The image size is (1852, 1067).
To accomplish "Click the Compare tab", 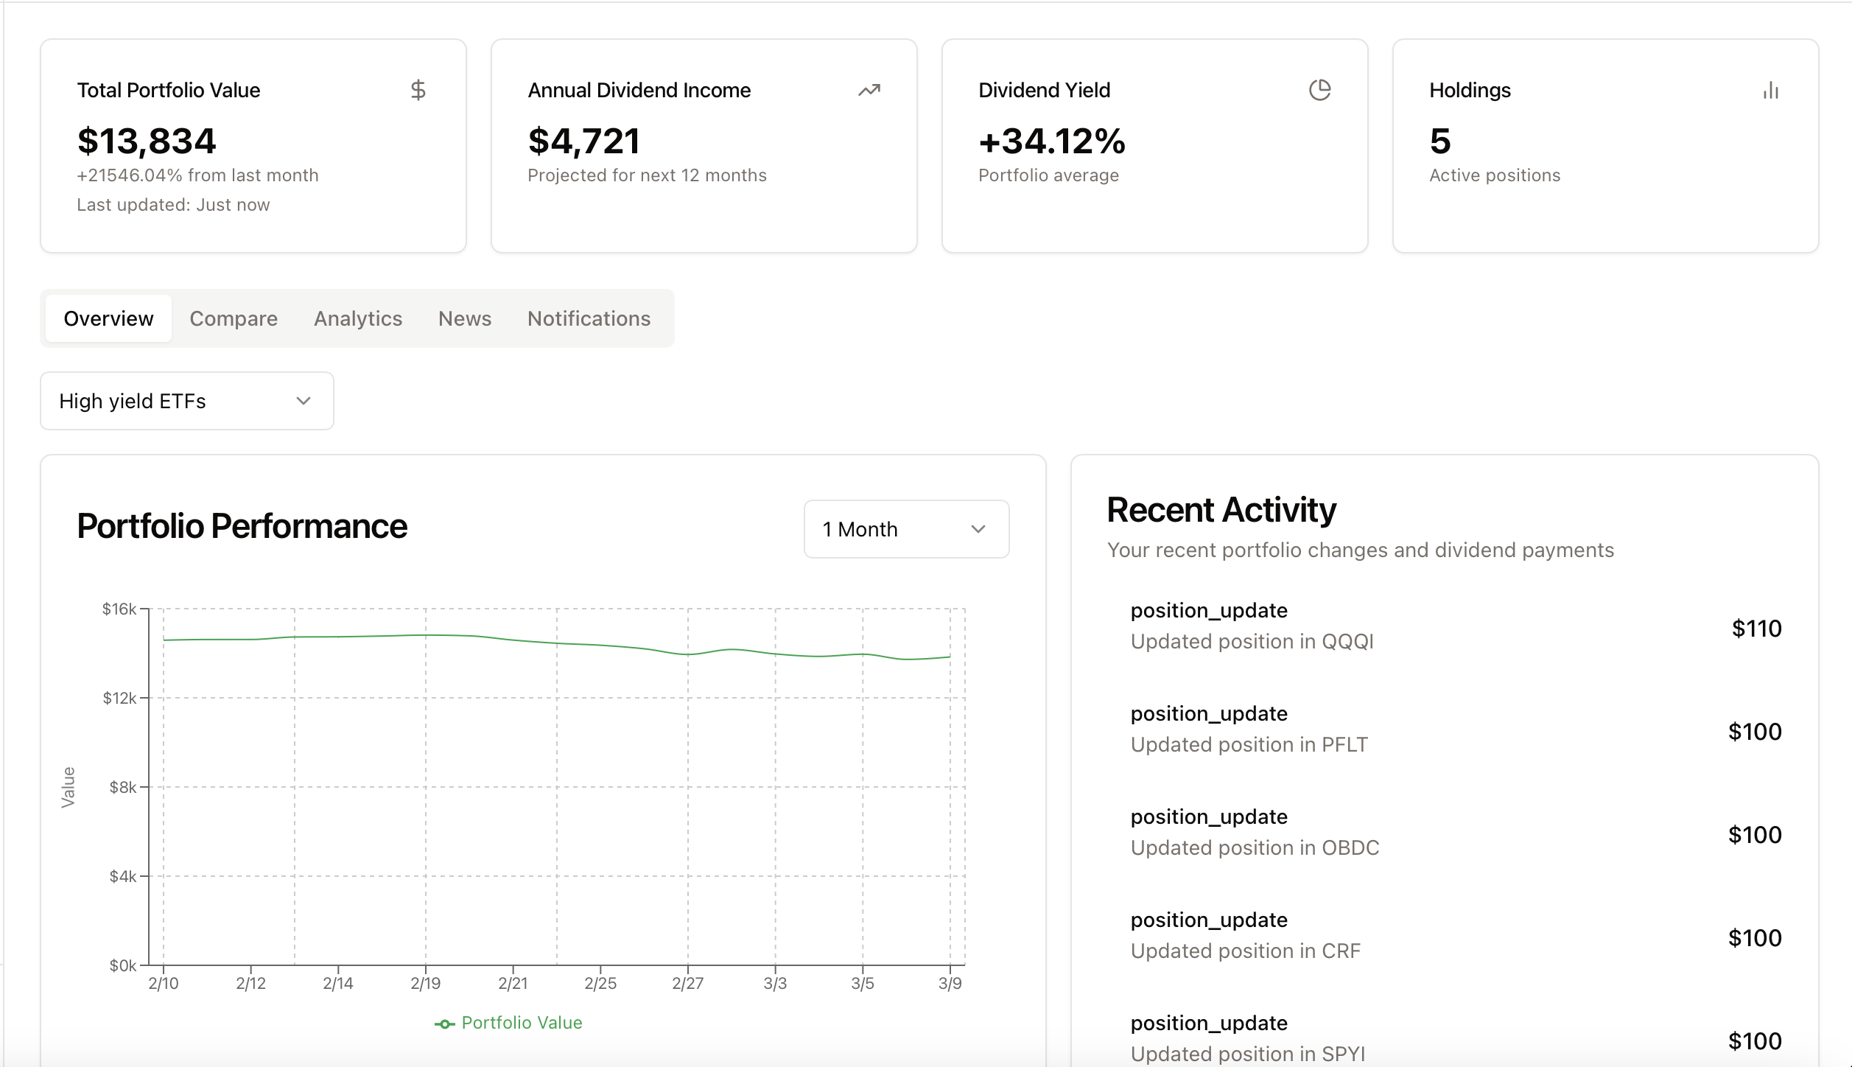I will point(234,318).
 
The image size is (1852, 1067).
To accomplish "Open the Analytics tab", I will point(358,318).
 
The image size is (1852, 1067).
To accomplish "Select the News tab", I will point(465,318).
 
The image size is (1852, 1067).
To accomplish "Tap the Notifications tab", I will point(589,318).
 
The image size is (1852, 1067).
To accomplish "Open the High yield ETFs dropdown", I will point(187,401).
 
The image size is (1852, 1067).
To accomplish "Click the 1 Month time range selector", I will point(906,529).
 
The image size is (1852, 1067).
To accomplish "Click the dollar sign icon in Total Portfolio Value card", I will point(418,90).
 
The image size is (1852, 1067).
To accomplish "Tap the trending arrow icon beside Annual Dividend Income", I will point(869,90).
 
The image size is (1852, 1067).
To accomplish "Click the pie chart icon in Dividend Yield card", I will point(1319,90).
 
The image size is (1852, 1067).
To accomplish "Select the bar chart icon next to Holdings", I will point(1771,91).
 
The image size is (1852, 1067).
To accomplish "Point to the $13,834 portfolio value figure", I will point(147,141).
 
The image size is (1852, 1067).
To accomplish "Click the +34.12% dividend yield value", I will point(1052,141).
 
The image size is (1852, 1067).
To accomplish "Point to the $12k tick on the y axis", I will point(119,698).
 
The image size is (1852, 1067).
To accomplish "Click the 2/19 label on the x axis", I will point(426,983).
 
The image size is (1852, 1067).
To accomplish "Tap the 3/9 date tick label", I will point(950,983).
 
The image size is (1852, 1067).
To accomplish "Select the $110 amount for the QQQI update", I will point(1756,629).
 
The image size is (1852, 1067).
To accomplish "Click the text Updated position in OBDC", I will point(1255,847).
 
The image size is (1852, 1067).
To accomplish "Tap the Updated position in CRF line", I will point(1245,951).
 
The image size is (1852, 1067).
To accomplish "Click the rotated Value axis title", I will point(69,787).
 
